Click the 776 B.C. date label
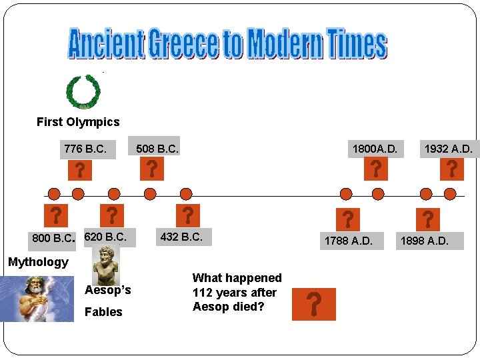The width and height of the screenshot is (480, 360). coord(85,149)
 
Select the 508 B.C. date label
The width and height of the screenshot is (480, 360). coord(157,149)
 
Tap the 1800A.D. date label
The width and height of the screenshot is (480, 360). coord(375,149)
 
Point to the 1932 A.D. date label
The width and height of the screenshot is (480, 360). coord(448,149)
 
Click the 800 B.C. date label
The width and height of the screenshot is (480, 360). coord(53,238)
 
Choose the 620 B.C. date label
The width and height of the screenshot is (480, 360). coord(105,237)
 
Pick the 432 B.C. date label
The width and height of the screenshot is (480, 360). coord(181,237)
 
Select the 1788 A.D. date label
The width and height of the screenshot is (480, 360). coord(348,240)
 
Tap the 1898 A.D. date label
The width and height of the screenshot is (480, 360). coord(424,240)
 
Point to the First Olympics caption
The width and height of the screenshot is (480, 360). coord(78,122)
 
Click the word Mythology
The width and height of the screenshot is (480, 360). coord(38,262)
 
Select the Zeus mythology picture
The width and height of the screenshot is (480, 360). coord(37,299)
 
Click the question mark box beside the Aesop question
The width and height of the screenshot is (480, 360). coord(313,304)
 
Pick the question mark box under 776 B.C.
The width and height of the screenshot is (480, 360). coord(79,169)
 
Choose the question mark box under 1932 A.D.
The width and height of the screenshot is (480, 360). coord(451,169)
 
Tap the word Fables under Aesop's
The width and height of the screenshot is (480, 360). coord(103,311)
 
